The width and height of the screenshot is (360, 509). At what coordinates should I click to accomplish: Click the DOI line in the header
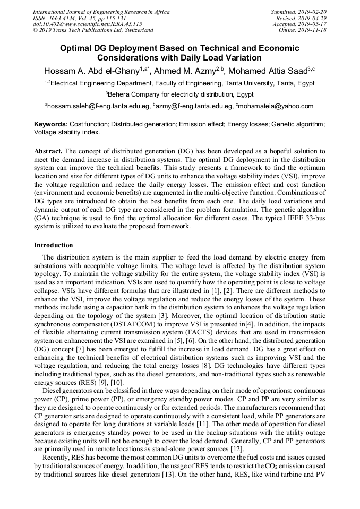pyautogui.click(x=87, y=24)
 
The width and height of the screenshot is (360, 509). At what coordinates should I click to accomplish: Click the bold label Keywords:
pyautogui.click(x=51, y=124)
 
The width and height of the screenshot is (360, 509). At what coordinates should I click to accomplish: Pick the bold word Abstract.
pyautogui.click(x=48, y=151)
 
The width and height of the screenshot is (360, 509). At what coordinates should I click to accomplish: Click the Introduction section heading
pyautogui.click(x=54, y=245)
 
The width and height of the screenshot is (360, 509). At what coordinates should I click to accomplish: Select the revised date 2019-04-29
pyautogui.click(x=312, y=18)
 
